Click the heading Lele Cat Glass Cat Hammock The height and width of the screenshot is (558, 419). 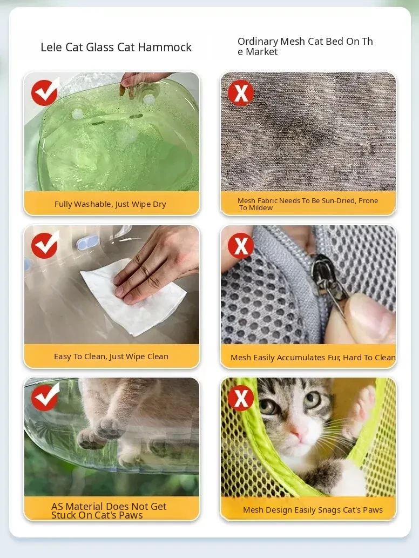pos(116,48)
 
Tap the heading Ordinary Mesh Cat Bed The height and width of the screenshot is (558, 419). pos(305,46)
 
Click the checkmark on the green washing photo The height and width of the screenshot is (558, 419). pos(45,92)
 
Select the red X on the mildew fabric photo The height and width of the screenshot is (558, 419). pos(241,93)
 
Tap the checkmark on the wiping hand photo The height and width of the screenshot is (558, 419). pos(45,245)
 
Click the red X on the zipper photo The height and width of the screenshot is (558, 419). pos(241,246)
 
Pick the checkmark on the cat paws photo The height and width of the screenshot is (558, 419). pos(45,397)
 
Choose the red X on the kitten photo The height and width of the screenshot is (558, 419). pos(241,398)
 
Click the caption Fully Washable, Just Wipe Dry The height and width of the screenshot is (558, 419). pos(110,204)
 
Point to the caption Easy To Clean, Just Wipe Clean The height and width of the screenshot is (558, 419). pos(111,357)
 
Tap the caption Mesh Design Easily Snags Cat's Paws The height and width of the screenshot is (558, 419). pos(313,510)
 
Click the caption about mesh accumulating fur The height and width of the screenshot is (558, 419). pos(313,357)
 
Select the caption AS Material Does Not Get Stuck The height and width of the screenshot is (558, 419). pos(109,510)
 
